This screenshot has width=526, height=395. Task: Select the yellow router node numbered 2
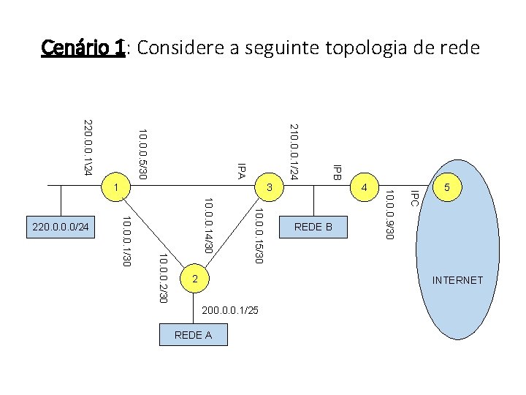[194, 279]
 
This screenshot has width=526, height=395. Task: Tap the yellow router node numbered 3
[269, 187]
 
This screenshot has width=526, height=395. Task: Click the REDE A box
[194, 334]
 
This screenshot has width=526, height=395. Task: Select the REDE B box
[313, 227]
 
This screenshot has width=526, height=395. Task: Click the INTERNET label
[457, 280]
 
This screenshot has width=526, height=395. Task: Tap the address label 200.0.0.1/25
[230, 312]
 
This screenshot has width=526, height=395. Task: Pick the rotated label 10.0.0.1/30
[126, 241]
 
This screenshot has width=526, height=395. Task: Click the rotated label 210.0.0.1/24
[293, 151]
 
